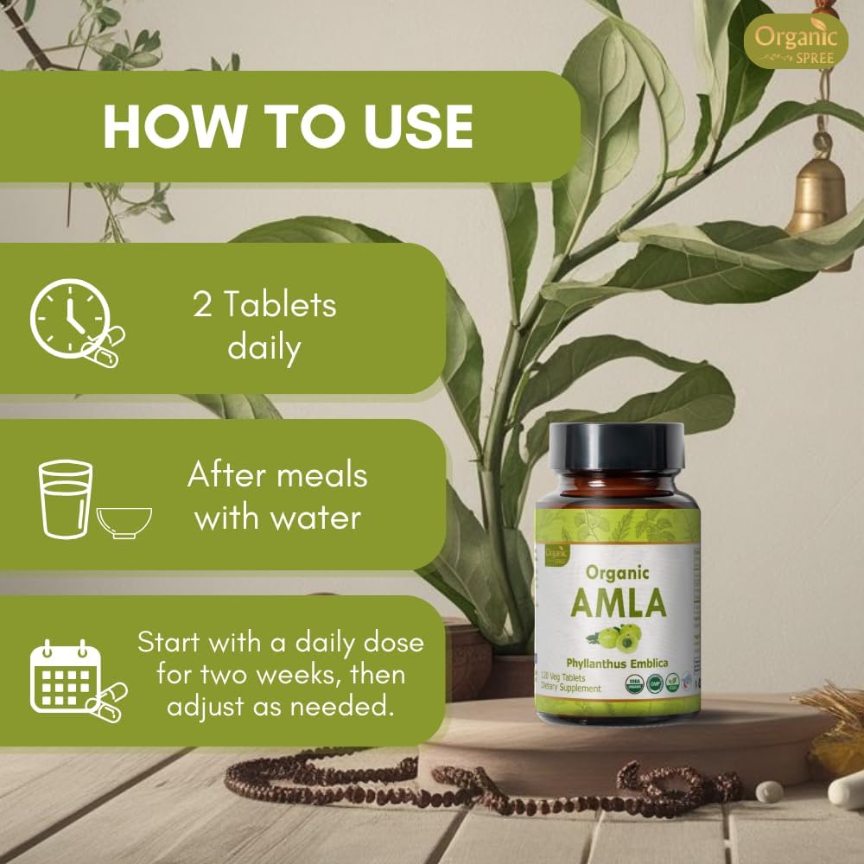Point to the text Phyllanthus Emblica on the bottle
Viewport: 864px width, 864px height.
(x=620, y=664)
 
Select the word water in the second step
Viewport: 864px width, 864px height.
(x=313, y=518)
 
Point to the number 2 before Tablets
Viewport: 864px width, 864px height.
(x=202, y=305)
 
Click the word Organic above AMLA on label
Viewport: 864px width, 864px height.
(x=617, y=573)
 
